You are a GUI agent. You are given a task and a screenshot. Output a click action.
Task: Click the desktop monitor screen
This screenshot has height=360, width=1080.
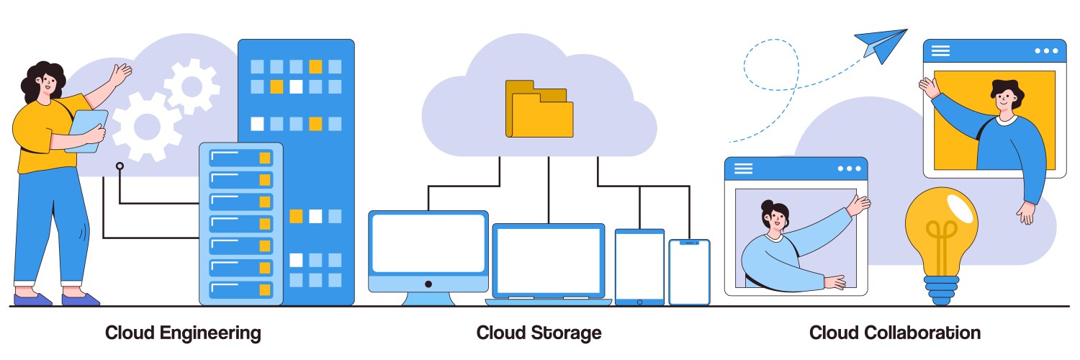428,243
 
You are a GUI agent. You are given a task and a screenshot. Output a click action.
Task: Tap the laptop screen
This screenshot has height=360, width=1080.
549,261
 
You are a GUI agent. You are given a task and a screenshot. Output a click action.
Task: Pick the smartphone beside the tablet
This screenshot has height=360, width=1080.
689,273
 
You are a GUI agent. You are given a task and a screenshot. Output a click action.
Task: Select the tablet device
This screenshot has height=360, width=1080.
639,266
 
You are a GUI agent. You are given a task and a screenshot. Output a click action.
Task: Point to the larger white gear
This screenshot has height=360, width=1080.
146,127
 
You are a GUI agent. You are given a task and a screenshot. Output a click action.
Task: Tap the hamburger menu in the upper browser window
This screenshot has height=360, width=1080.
940,50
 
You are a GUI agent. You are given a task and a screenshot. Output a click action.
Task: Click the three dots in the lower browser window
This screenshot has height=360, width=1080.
849,168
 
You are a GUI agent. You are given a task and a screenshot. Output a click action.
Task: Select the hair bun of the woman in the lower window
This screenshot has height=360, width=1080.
768,205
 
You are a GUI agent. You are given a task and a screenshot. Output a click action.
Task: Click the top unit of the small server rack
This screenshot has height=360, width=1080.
240,157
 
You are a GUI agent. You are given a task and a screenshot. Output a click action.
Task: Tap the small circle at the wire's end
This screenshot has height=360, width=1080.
120,166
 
